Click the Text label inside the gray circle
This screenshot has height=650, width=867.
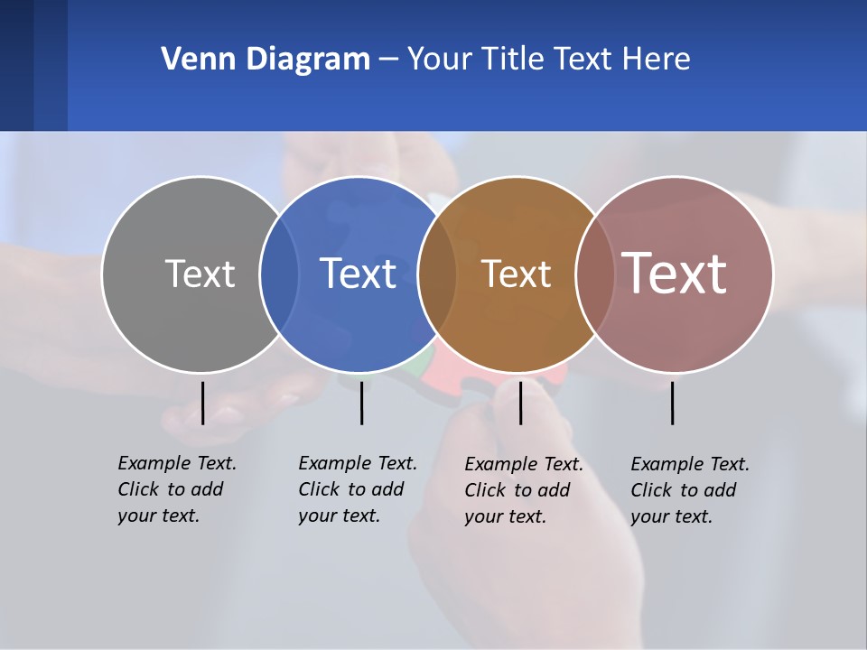tap(200, 274)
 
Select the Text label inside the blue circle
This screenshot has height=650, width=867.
tap(358, 274)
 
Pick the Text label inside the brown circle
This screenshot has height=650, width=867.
tap(516, 274)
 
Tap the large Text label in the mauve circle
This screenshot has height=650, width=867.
tap(675, 274)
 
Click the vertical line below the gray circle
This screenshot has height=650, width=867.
tap(202, 403)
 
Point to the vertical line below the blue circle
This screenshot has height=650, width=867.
tap(361, 403)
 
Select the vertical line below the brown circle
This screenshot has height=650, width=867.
tap(520, 403)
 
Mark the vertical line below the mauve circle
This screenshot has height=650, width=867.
tap(673, 403)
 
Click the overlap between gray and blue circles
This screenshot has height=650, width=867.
tap(279, 274)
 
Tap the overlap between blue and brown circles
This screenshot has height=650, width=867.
tap(437, 274)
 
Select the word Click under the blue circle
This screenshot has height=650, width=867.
tap(318, 489)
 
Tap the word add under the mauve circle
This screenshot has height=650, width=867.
tap(720, 490)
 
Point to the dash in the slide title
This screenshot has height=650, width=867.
tap(388, 60)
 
